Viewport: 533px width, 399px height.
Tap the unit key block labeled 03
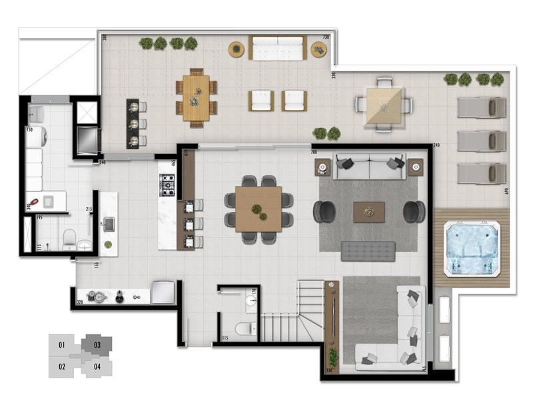pos(97,345)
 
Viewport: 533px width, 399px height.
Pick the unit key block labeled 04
pos(97,366)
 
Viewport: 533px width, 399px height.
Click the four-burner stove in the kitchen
pos(167,185)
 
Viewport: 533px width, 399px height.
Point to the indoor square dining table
pos(259,209)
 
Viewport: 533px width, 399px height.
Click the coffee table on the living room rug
pos(369,211)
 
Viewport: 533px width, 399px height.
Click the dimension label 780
pos(315,153)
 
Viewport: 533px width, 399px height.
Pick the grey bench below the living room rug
pos(368,251)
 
